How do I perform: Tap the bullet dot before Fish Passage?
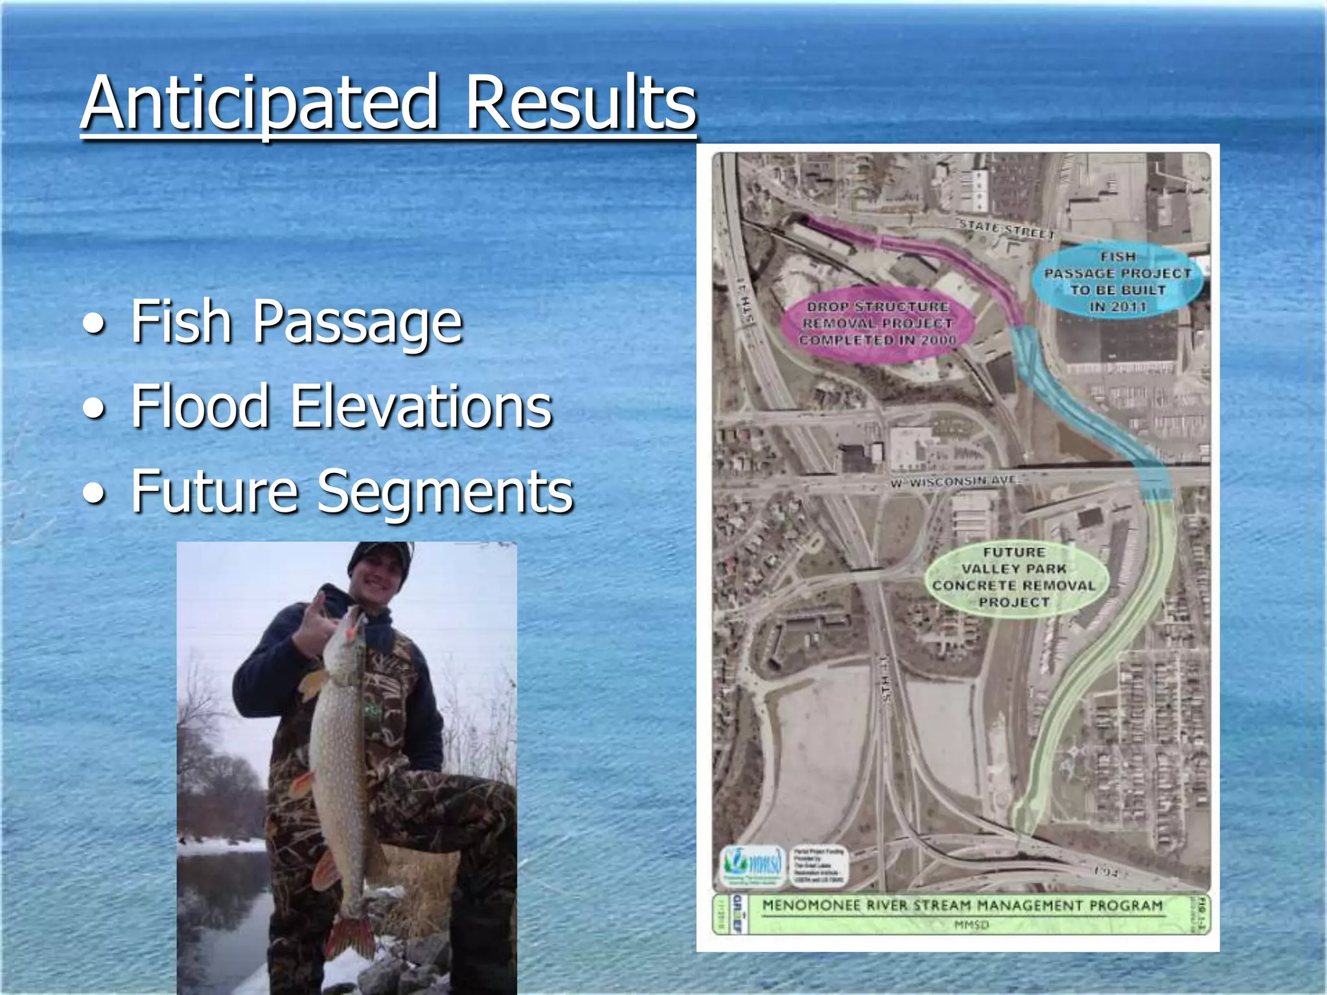pos(95,323)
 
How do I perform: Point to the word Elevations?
pos(421,406)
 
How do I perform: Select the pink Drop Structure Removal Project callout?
pos(877,323)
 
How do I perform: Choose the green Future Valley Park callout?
pos(1013,577)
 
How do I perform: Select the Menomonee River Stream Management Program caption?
pos(962,906)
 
